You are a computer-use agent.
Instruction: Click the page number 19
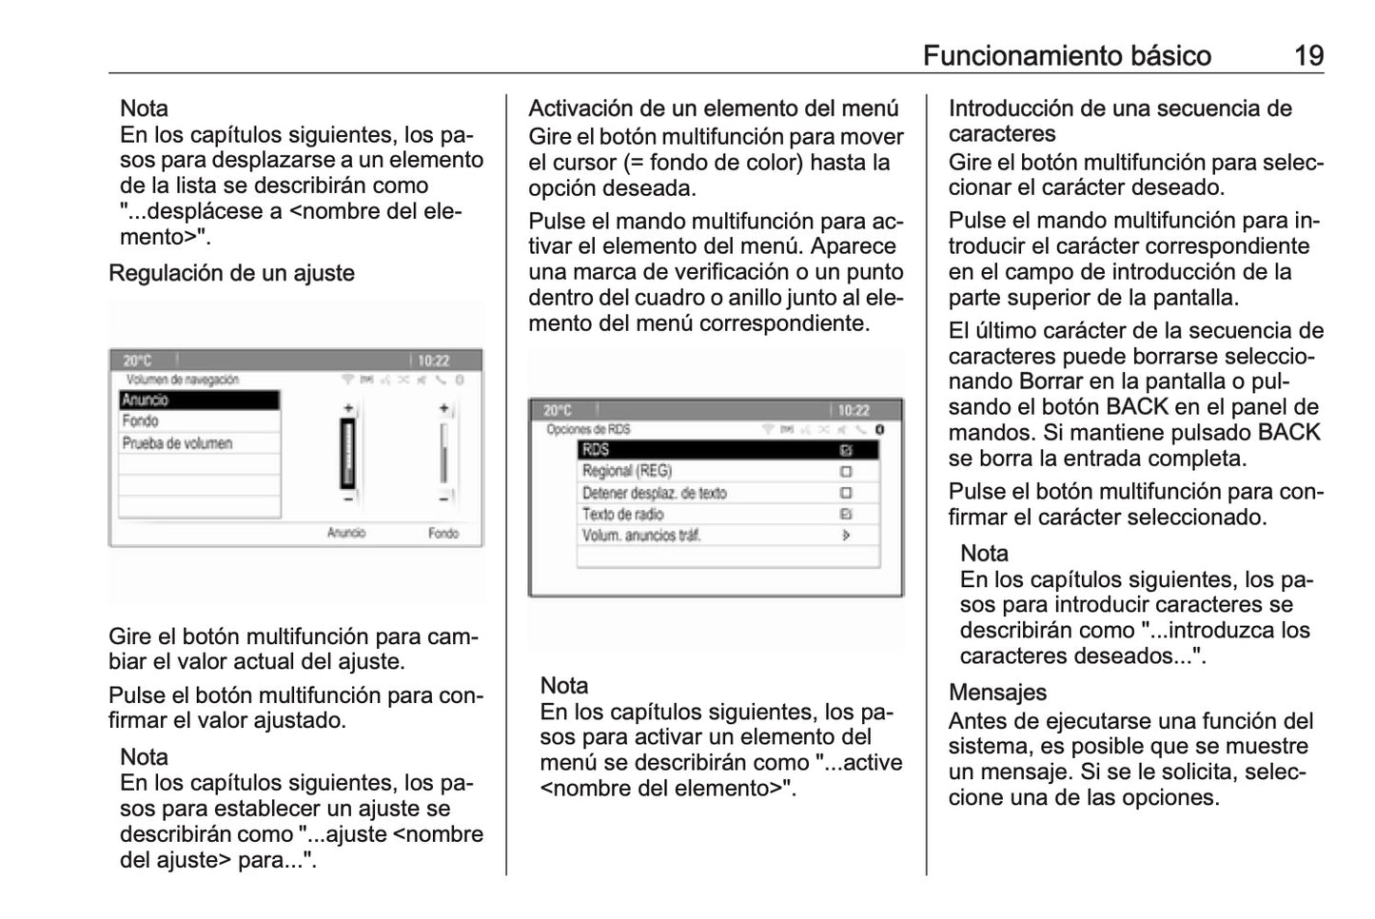pyautogui.click(x=1308, y=56)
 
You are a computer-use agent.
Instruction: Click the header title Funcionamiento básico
pyautogui.click(x=1067, y=56)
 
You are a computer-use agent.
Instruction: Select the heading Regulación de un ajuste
pyautogui.click(x=231, y=273)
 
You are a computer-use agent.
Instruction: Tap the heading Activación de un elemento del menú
pyautogui.click(x=713, y=108)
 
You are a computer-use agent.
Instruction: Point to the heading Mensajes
pyautogui.click(x=997, y=692)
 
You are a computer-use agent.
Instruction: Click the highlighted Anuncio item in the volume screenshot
pyautogui.click(x=199, y=401)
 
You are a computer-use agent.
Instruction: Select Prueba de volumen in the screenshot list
pyautogui.click(x=178, y=443)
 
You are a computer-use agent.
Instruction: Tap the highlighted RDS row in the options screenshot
pyautogui.click(x=727, y=450)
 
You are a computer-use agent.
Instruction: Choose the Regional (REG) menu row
pyautogui.click(x=627, y=471)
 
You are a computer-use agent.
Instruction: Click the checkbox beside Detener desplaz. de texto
pyautogui.click(x=846, y=493)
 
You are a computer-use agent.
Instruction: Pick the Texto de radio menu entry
pyautogui.click(x=623, y=514)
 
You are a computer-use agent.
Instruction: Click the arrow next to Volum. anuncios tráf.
pyautogui.click(x=846, y=536)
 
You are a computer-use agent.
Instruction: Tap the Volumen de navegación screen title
pyautogui.click(x=183, y=380)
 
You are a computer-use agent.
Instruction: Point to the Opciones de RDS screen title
pyautogui.click(x=588, y=430)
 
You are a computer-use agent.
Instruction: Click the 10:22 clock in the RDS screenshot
pyautogui.click(x=854, y=410)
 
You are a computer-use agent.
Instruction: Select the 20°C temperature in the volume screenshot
pyautogui.click(x=137, y=361)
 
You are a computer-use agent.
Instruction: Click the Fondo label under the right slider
pyautogui.click(x=442, y=533)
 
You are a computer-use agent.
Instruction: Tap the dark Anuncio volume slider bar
pyautogui.click(x=348, y=453)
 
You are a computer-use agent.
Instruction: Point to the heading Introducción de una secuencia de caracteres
pyautogui.click(x=1119, y=121)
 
